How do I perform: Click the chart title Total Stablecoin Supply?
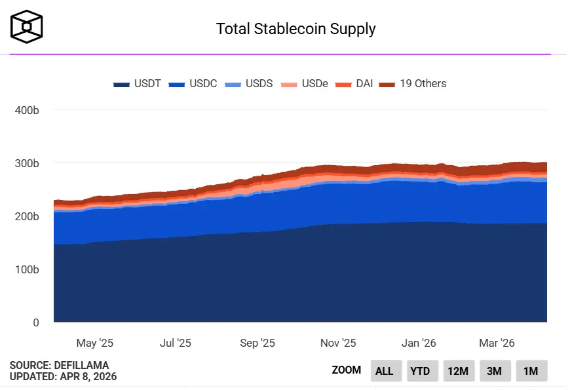click(x=296, y=29)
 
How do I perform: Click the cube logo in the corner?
click(x=27, y=26)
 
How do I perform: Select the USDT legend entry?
click(x=137, y=84)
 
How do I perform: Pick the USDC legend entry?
click(x=193, y=84)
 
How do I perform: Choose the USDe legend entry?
click(x=304, y=84)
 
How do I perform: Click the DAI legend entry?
click(x=354, y=84)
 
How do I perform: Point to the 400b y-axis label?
click(x=27, y=110)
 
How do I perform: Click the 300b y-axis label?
click(x=27, y=163)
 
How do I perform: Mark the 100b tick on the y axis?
click(x=27, y=269)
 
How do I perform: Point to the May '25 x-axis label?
click(x=95, y=343)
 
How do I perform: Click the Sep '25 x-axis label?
click(x=257, y=343)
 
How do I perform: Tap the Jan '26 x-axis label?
click(x=419, y=343)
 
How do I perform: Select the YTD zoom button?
click(x=420, y=371)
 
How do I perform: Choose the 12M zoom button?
click(x=457, y=371)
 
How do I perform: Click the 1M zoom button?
click(x=531, y=371)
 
